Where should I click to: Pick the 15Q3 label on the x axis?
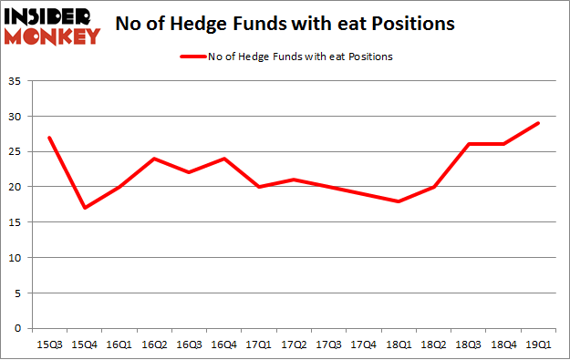[48, 345]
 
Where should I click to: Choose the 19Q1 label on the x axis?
[537, 345]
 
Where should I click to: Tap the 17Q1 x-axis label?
[258, 345]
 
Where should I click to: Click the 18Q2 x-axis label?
[432, 345]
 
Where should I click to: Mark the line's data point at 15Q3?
[48, 139]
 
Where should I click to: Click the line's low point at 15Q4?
[84, 208]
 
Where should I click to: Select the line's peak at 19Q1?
[537, 124]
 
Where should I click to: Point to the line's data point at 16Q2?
[153, 159]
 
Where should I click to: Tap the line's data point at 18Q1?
[398, 201]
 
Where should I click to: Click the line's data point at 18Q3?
[468, 145]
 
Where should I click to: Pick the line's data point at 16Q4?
[223, 159]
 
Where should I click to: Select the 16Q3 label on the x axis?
[188, 345]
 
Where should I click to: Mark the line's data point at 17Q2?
[293, 180]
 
